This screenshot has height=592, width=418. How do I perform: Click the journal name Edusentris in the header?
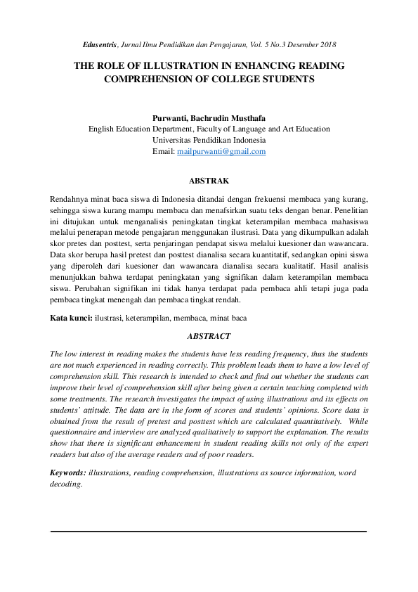[x=98, y=44]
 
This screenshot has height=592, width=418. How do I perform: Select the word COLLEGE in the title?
[x=229, y=79]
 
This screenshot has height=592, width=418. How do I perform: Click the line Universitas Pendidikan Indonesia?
[x=209, y=140]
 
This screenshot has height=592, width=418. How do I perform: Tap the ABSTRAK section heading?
[x=209, y=181]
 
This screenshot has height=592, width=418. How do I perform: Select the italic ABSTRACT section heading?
[x=209, y=337]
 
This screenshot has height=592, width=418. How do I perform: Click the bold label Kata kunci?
[x=71, y=318]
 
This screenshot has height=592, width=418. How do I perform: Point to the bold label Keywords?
[x=68, y=472]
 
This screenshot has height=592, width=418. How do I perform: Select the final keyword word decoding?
[x=66, y=484]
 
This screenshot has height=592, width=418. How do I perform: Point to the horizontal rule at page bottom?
[x=209, y=532]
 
